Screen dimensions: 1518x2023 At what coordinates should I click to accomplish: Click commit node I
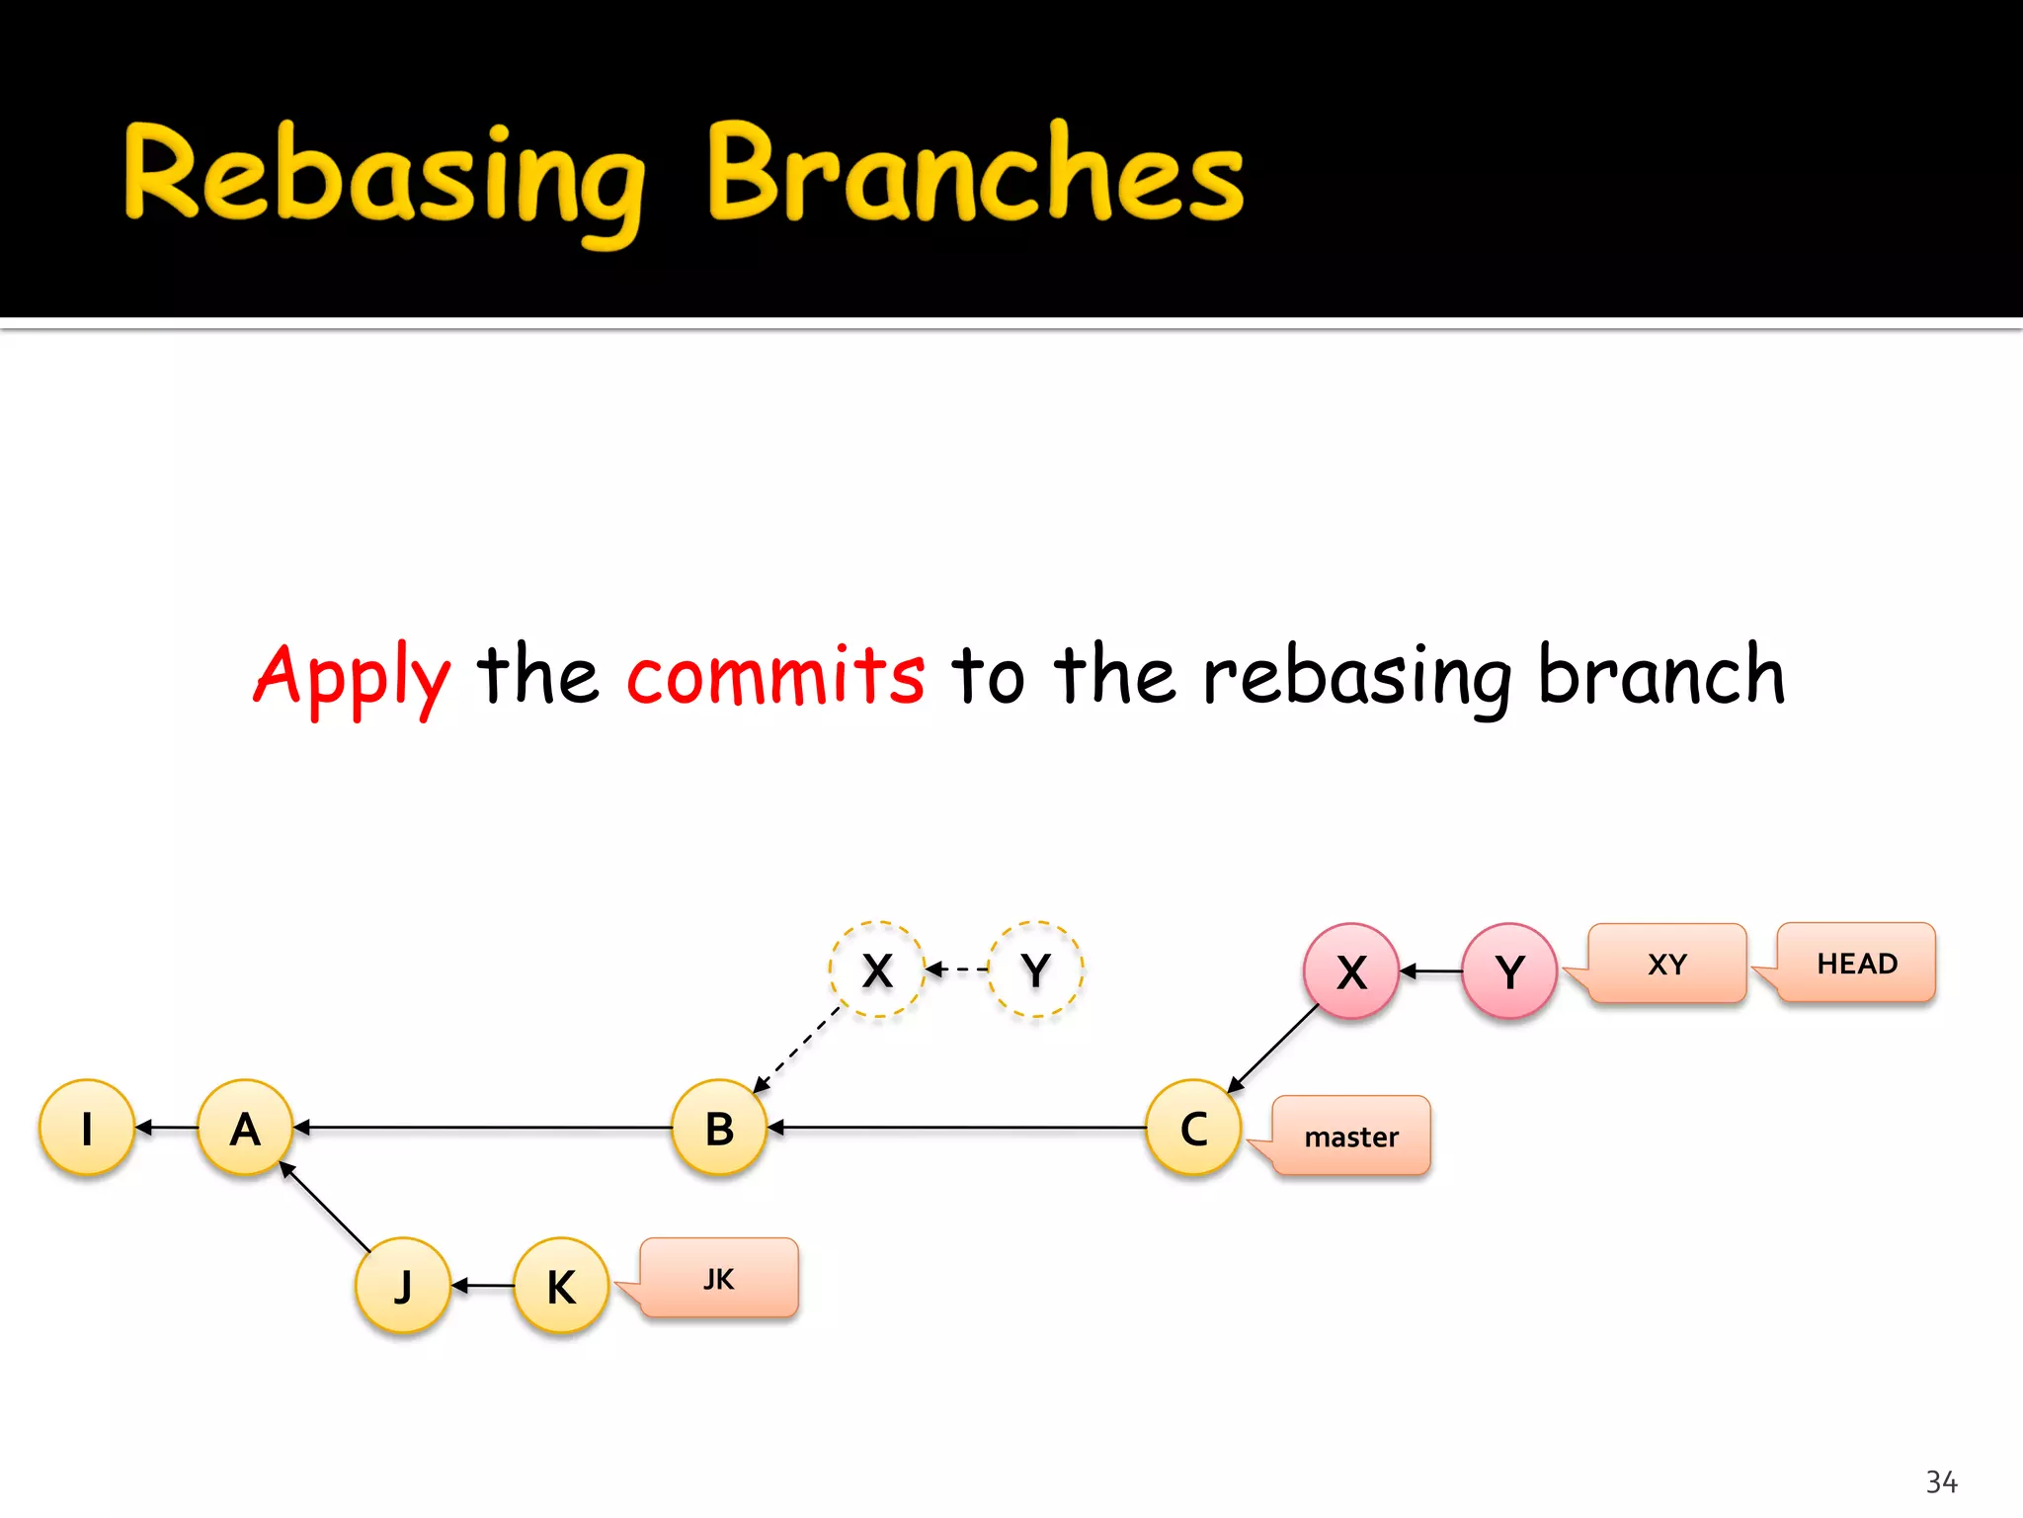tap(87, 1128)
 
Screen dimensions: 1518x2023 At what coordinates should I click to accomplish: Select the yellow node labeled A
tap(245, 1128)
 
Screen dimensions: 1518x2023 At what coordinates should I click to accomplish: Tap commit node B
tap(719, 1128)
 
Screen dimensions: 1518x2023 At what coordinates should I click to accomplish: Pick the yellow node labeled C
tap(1193, 1128)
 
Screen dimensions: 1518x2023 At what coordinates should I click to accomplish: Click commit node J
tap(403, 1286)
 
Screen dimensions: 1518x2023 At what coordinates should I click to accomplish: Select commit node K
tap(561, 1286)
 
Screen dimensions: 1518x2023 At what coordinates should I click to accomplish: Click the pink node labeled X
tap(1351, 971)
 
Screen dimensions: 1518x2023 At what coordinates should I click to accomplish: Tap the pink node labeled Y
tap(1509, 971)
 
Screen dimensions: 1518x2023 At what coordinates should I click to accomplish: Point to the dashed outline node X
tap(877, 970)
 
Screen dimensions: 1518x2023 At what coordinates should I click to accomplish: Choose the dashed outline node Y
tap(1035, 970)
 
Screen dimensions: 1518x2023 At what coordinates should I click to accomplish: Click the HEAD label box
tap(1856, 963)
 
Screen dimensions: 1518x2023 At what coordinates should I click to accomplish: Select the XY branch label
tap(1667, 964)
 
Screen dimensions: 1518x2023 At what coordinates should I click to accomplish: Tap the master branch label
tap(1351, 1136)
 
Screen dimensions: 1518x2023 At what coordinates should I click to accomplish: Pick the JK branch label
tap(719, 1278)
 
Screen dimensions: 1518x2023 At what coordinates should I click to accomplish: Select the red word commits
tap(775, 675)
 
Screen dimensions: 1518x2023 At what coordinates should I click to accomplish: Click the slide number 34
tap(1941, 1481)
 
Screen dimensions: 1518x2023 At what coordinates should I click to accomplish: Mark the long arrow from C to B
tap(958, 1128)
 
